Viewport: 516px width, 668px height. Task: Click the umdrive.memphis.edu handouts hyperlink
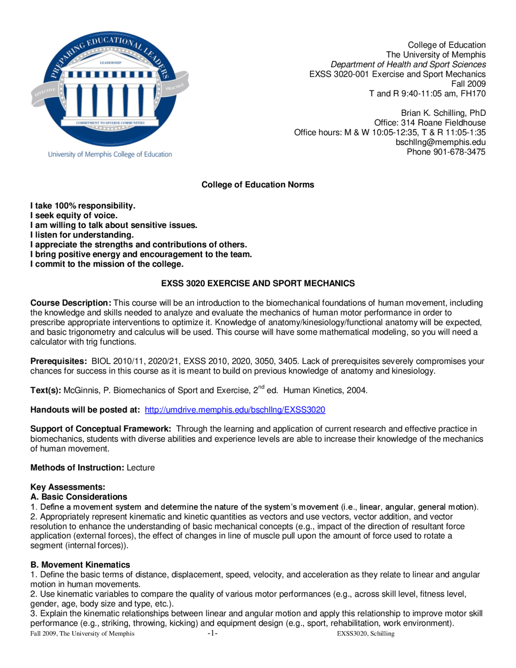coord(235,410)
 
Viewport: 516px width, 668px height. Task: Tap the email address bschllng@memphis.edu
coord(440,142)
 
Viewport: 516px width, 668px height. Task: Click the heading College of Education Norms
coord(258,185)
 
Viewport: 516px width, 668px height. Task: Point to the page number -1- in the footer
coord(212,633)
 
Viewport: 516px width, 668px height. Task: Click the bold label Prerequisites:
coord(58,361)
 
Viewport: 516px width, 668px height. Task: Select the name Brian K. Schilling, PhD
coord(443,113)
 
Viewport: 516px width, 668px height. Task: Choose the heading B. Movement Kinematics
coord(80,565)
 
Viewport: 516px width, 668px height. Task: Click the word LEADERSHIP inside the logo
coord(110,63)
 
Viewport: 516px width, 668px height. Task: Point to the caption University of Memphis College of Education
coord(110,154)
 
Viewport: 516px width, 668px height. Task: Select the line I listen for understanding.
coord(82,235)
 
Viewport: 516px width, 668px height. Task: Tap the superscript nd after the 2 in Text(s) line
coord(261,387)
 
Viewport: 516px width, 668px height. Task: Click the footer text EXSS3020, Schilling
coord(366,634)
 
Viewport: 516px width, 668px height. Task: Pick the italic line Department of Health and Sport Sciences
coord(408,65)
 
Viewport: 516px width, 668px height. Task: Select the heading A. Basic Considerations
coord(79,497)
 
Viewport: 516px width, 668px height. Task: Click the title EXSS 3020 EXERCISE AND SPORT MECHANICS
coord(258,284)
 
